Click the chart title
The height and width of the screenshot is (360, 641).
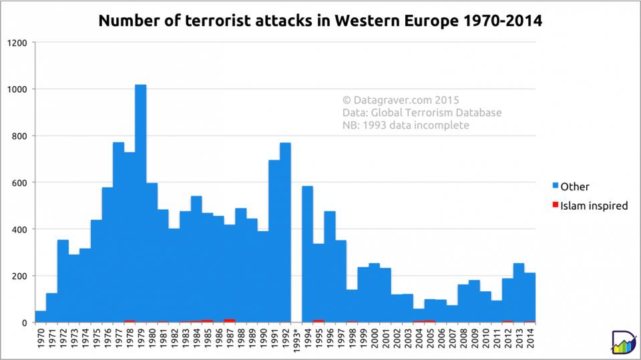320,20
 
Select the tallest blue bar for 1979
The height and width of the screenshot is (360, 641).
141,203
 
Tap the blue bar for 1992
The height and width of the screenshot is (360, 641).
285,232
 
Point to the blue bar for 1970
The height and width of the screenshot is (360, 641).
41,317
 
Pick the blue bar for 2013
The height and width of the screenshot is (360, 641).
519,293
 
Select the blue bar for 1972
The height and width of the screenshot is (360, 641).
63,281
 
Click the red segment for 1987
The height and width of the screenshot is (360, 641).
230,321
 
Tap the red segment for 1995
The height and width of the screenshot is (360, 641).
318,321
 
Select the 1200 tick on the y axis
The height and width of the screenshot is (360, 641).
17,43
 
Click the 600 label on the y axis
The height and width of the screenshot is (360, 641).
19,183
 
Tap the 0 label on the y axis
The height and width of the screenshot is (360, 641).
25,323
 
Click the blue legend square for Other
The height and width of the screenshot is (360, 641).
556,185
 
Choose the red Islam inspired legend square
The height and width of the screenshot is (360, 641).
556,204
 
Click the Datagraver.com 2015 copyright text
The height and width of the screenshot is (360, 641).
401,100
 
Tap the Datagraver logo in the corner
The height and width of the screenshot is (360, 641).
624,341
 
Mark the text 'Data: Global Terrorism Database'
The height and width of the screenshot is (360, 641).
422,112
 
